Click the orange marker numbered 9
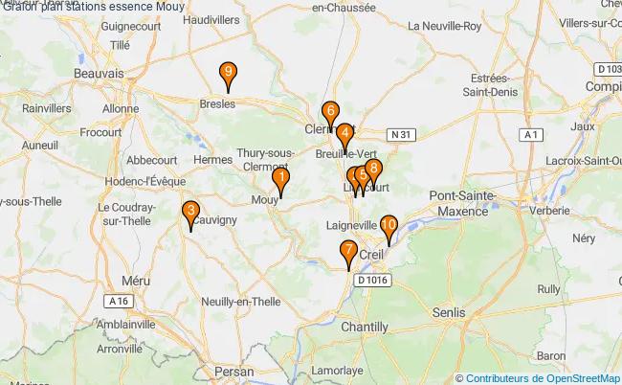(x=228, y=74)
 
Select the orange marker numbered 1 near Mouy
(x=280, y=179)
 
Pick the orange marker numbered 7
(x=348, y=253)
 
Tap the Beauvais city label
(x=99, y=73)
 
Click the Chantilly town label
(x=365, y=327)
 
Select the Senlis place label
(x=448, y=312)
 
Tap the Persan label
(x=234, y=371)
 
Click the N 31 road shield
(x=400, y=135)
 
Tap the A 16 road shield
(x=119, y=301)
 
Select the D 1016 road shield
(x=374, y=280)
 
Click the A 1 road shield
(x=529, y=136)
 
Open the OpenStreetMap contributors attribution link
(x=543, y=377)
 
